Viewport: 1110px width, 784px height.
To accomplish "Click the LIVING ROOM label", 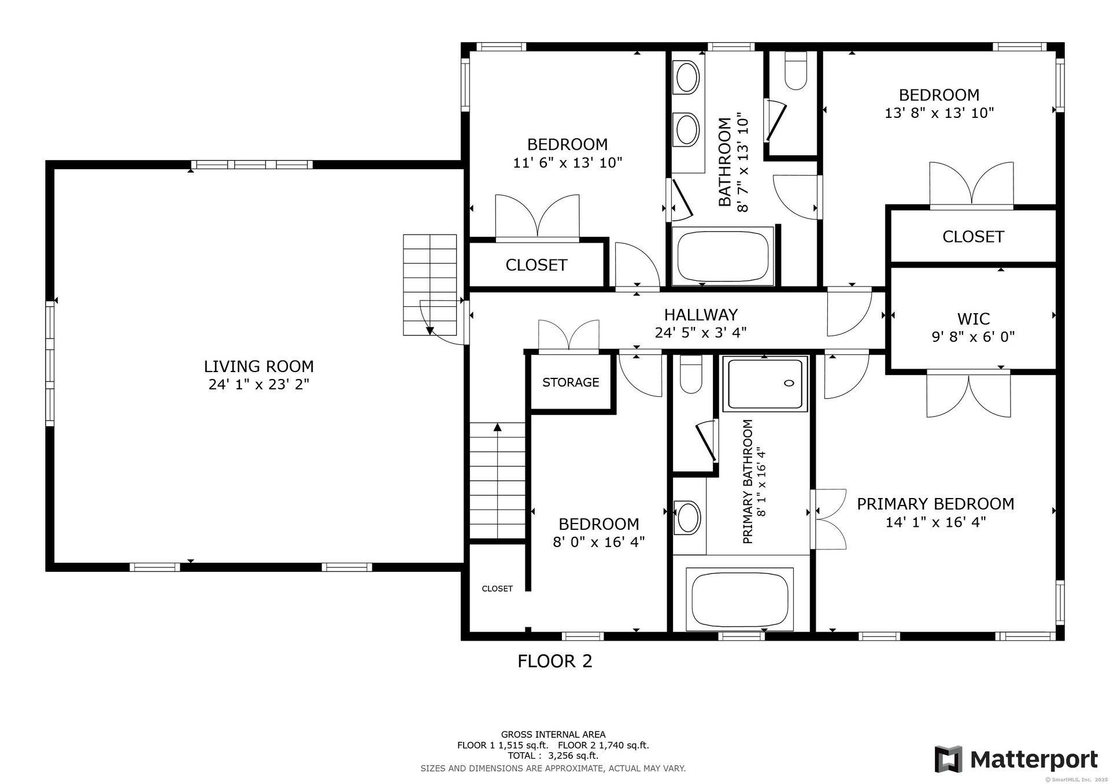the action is coord(258,366).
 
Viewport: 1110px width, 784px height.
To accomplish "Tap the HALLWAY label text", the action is coord(701,315).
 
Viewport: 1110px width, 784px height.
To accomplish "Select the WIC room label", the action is coord(974,319).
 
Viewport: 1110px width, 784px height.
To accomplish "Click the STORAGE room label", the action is coord(571,382).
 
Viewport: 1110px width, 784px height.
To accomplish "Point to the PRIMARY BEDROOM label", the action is coord(935,504).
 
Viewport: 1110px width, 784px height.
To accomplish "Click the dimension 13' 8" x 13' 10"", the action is coord(939,113).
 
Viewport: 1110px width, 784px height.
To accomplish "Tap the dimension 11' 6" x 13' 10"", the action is coord(568,163).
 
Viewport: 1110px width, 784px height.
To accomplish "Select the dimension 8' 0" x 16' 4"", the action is coord(599,542).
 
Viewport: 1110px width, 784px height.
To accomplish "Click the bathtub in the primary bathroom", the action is coord(739,600).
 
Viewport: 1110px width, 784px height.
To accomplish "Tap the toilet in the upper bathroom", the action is coord(796,71).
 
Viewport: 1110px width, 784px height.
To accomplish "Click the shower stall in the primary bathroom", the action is coord(765,384).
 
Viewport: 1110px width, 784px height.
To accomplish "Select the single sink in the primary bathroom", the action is coord(688,517).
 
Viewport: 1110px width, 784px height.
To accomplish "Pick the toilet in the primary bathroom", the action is coord(690,374).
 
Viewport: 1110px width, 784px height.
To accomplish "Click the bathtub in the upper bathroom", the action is coord(723,257).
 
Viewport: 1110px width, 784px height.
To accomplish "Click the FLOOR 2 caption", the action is coord(555,661).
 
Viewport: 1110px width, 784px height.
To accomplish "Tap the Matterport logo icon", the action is coord(949,759).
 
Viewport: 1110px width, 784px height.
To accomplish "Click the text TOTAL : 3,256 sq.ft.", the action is coord(553,756).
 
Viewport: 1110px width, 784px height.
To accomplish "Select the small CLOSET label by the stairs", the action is coord(497,589).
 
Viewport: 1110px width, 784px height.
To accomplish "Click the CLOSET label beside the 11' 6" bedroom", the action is coord(536,265).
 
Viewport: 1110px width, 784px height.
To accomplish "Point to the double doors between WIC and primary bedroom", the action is coord(968,394).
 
